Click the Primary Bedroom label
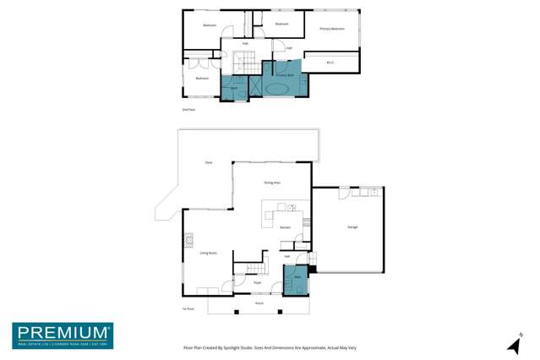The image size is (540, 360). (x=331, y=29)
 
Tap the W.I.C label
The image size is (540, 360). (x=330, y=63)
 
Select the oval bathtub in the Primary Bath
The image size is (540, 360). (x=277, y=88)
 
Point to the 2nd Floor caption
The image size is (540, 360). (x=188, y=110)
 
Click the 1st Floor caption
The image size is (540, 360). (x=188, y=308)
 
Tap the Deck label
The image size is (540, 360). (x=208, y=162)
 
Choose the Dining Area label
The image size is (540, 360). (x=271, y=183)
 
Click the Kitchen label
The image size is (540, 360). (x=285, y=227)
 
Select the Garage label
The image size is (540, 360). (x=352, y=226)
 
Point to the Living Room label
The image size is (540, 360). (x=208, y=253)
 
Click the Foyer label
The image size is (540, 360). (x=257, y=282)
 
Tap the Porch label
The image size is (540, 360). (x=259, y=303)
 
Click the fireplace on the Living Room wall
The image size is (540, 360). (x=188, y=239)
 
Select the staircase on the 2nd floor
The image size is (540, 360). (x=246, y=61)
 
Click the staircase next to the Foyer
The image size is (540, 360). (x=256, y=269)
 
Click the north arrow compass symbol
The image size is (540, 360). (x=514, y=343)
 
